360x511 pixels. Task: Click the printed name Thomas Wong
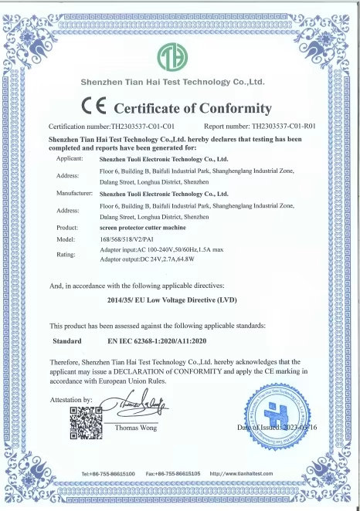click(136, 427)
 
